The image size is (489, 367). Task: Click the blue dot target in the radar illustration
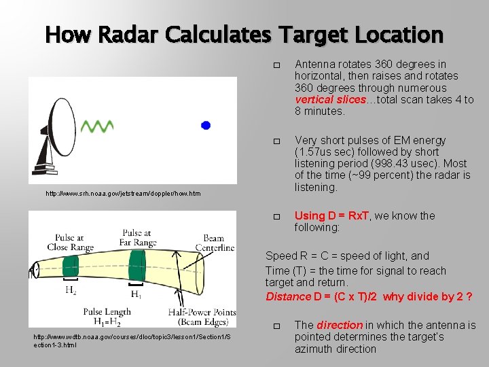206,125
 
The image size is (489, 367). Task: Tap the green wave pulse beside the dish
96,126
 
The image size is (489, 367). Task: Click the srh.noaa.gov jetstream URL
123,194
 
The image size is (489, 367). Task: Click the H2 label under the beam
71,290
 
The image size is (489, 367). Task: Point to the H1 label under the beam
136,294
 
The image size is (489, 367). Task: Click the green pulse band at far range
138,264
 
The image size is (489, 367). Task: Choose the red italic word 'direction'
339,326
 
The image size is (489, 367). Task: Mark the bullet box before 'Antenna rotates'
276,65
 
